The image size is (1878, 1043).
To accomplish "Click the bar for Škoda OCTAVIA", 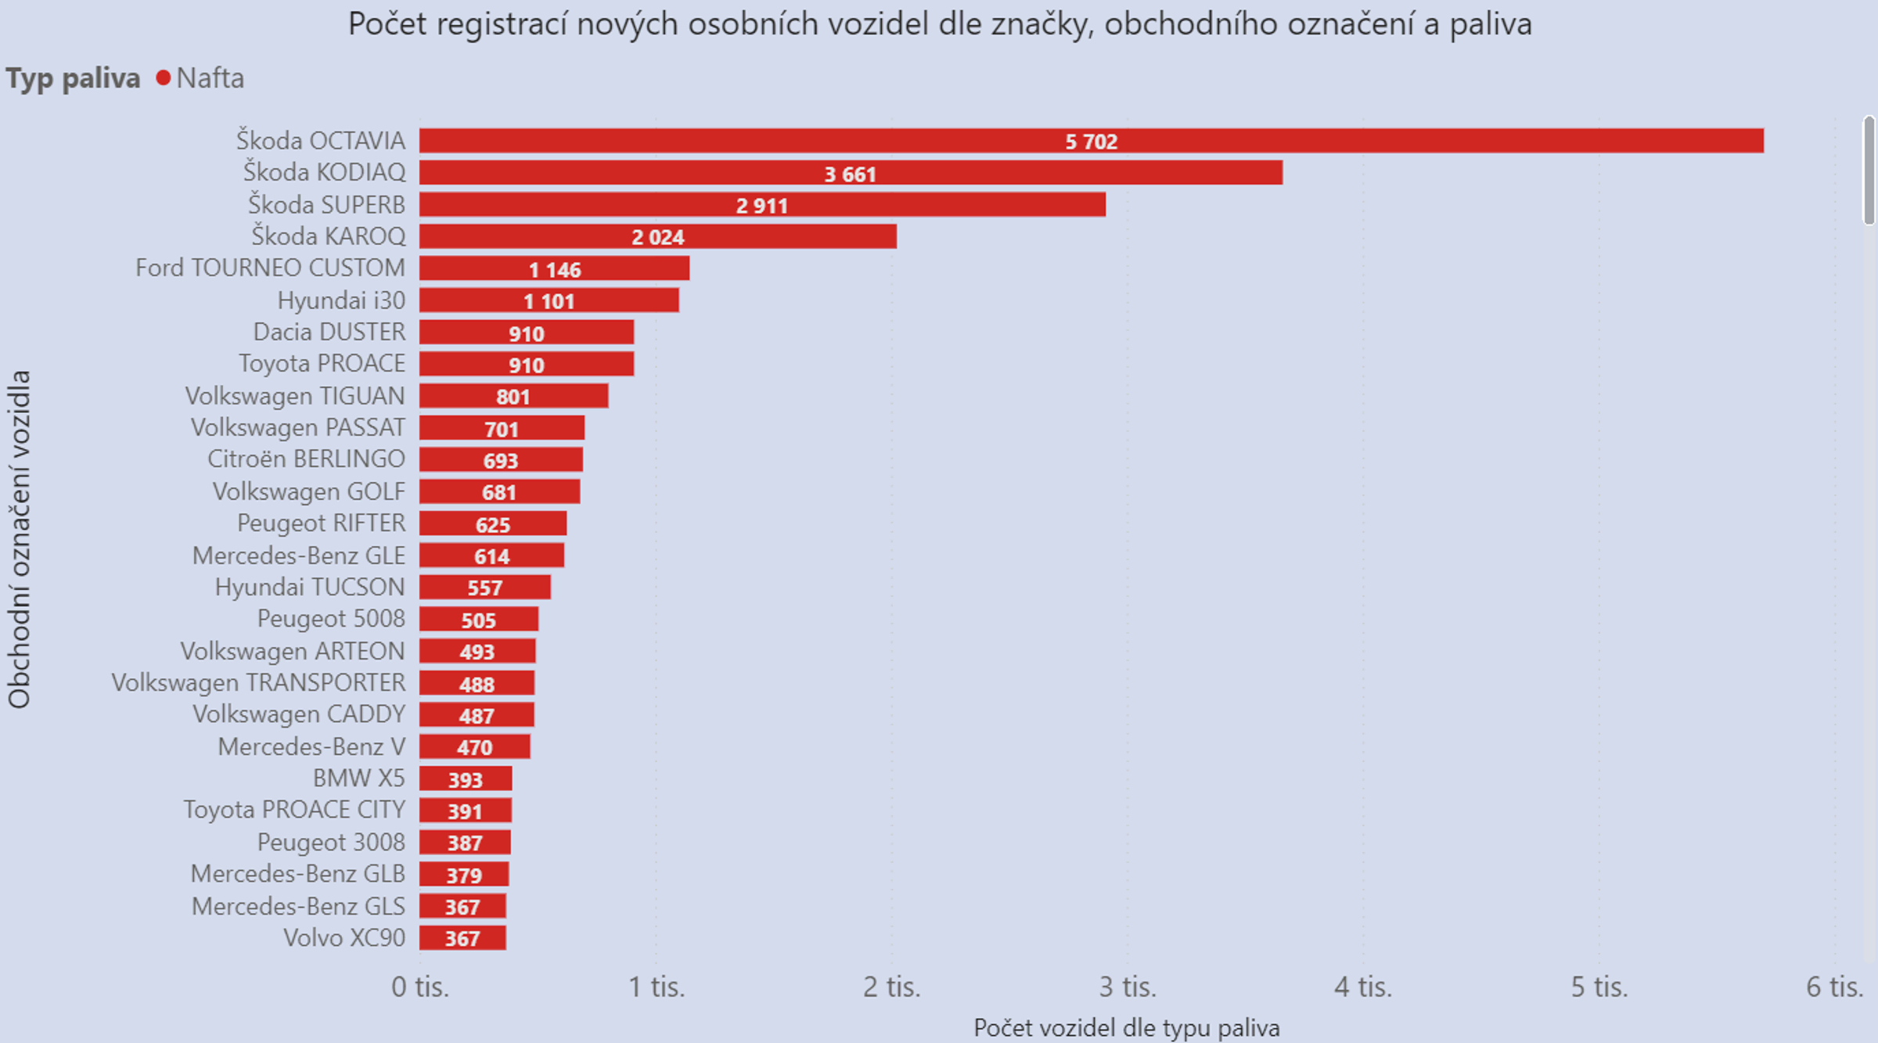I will point(1091,141).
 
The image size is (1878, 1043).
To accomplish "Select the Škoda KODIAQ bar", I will point(851,173).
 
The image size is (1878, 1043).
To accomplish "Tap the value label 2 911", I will point(761,206).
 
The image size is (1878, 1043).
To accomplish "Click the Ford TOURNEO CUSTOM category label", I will point(270,268).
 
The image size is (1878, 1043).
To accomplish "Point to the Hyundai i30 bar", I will point(549,300).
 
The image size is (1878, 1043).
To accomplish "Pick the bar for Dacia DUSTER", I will point(526,333).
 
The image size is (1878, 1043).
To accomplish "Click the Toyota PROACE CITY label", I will point(294,810).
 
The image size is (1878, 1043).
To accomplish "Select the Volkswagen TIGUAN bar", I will point(513,396).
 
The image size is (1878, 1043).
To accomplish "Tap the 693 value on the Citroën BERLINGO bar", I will point(501,461).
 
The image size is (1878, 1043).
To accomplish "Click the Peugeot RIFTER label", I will point(321,523).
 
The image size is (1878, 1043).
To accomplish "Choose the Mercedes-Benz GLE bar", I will point(491,556).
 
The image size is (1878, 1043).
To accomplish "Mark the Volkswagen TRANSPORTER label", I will point(258,683).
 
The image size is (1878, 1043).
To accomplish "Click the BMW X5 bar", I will point(465,779).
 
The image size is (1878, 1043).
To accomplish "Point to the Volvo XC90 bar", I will point(462,938).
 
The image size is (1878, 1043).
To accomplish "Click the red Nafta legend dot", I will point(163,78).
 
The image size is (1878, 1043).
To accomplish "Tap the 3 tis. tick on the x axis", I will point(1128,987).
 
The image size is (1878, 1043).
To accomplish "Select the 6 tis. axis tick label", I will point(1834,987).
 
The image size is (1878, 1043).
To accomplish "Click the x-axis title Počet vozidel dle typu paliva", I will point(1126,1027).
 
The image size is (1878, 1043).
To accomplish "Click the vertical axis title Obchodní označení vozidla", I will point(19,539).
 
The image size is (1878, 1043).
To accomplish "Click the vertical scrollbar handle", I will point(1869,170).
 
